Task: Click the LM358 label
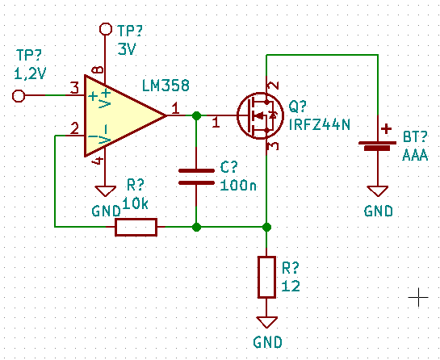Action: tap(166, 86)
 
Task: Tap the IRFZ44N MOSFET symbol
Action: tap(260, 115)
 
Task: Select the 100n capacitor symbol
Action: tap(196, 177)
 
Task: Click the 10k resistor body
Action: tap(136, 227)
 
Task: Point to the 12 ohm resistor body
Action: tap(266, 277)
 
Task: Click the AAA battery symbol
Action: tap(378, 146)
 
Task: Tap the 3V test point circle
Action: tap(106, 29)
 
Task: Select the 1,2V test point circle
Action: tap(19, 96)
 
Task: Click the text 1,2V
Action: tap(30, 74)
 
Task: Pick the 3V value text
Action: tap(127, 49)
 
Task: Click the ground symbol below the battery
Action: tap(378, 191)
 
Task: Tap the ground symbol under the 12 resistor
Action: tap(266, 322)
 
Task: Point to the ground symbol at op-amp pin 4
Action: tap(105, 191)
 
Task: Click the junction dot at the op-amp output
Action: tap(196, 115)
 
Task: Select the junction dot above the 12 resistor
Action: tap(266, 227)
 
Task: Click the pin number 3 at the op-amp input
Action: tap(74, 88)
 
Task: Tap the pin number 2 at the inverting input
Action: tap(74, 129)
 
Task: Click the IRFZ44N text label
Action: tap(320, 125)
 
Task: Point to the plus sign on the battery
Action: tap(387, 129)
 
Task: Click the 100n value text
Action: tap(238, 186)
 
